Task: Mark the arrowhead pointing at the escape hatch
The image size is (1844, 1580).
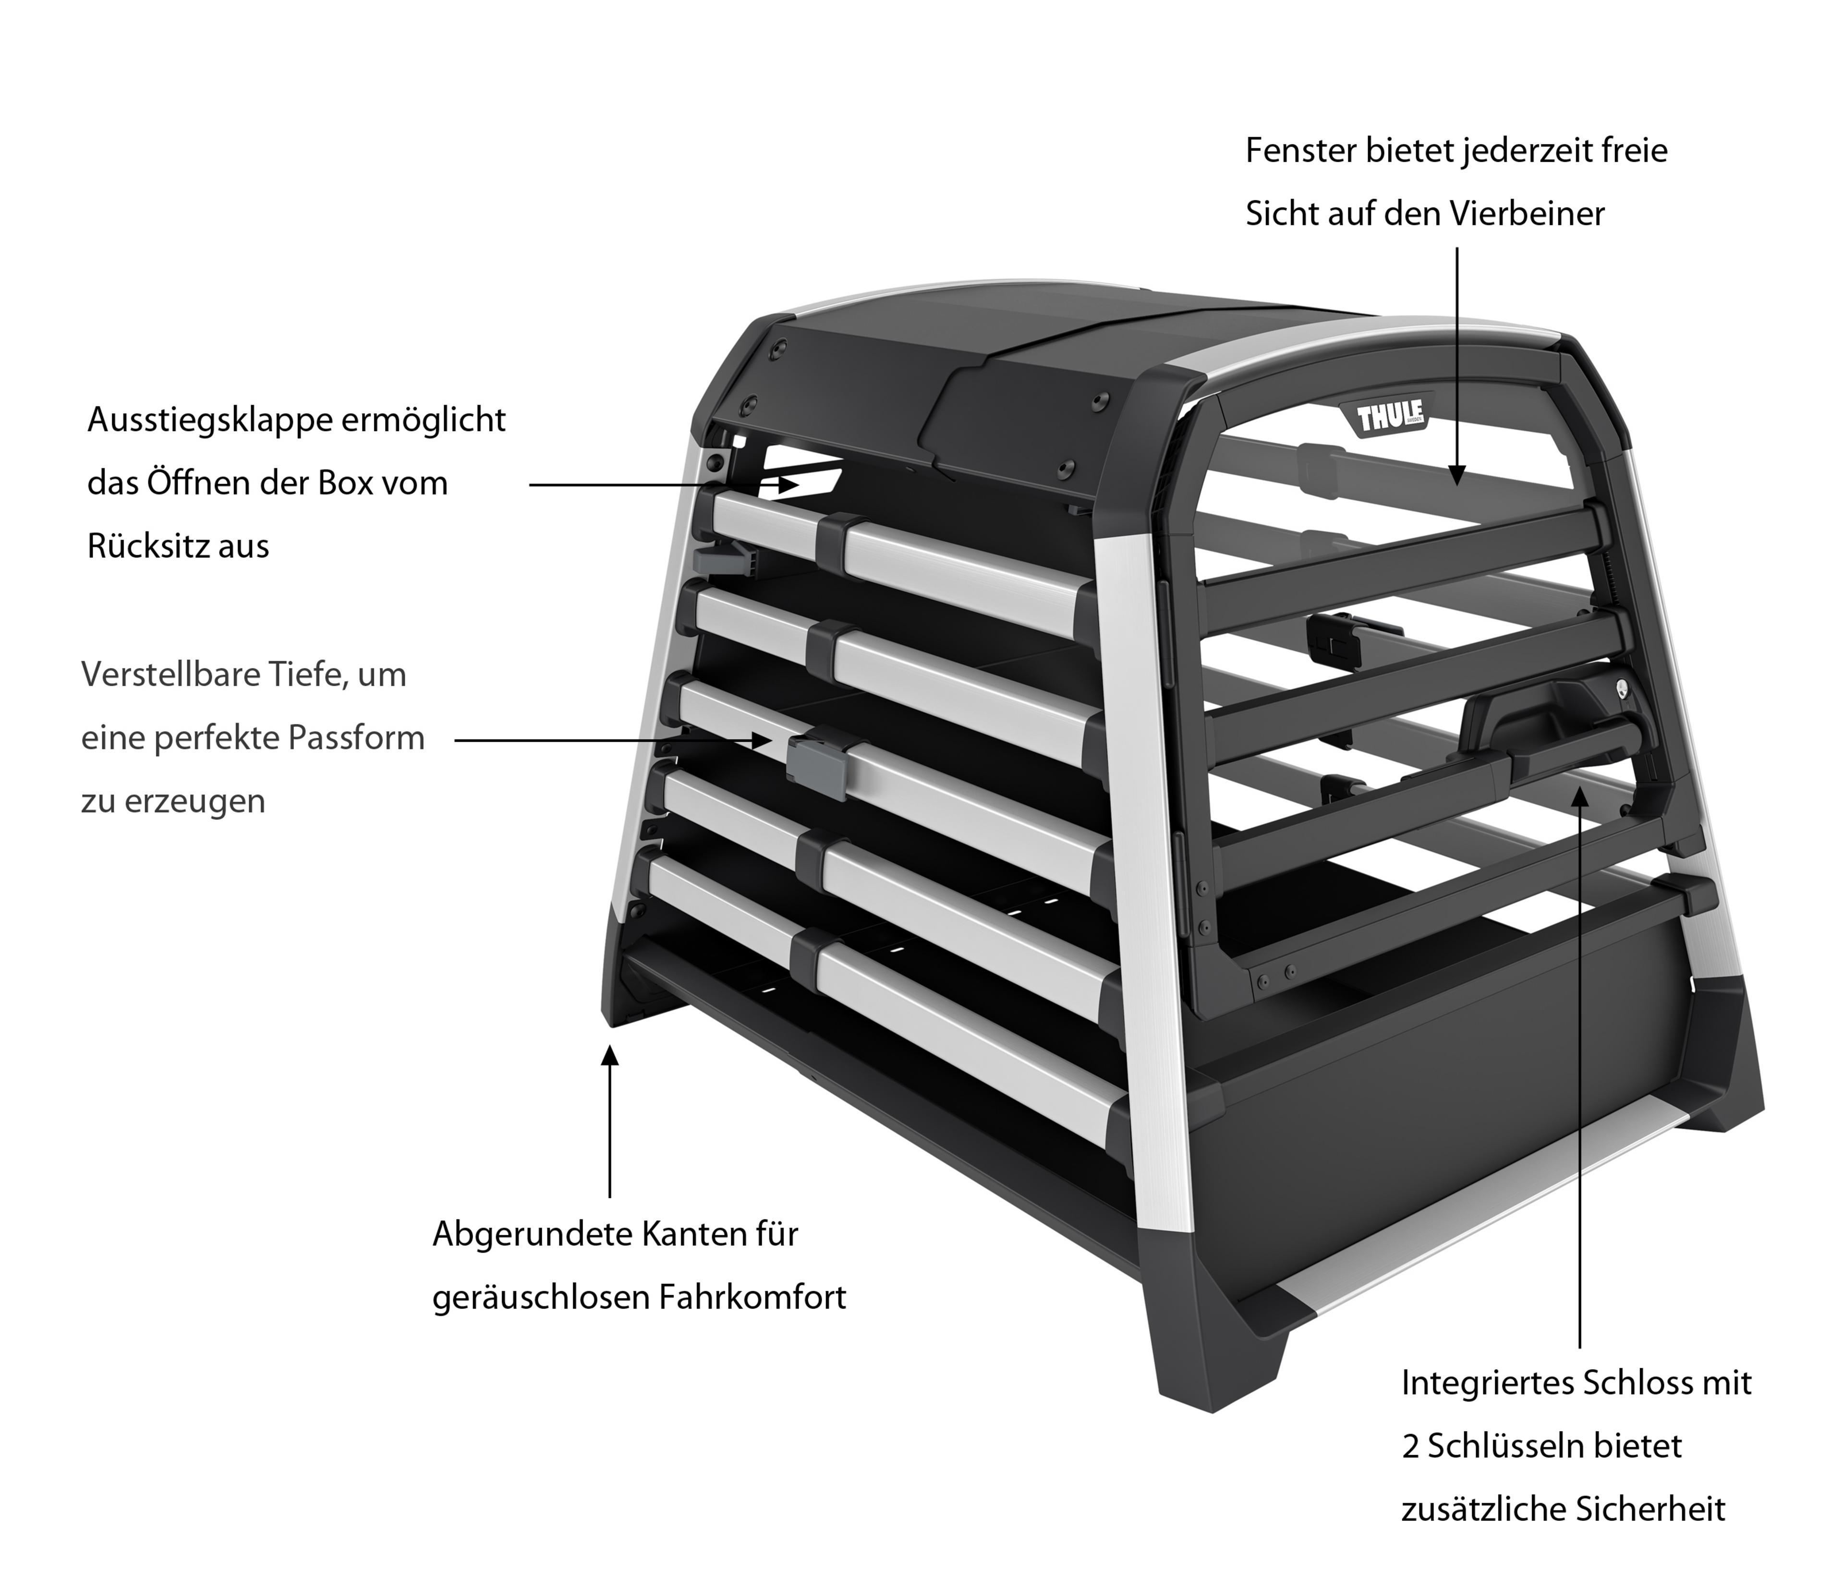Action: tap(789, 485)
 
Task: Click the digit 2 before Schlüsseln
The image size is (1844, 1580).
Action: tap(1410, 1447)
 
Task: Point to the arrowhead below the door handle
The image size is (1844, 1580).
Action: tap(1580, 794)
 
